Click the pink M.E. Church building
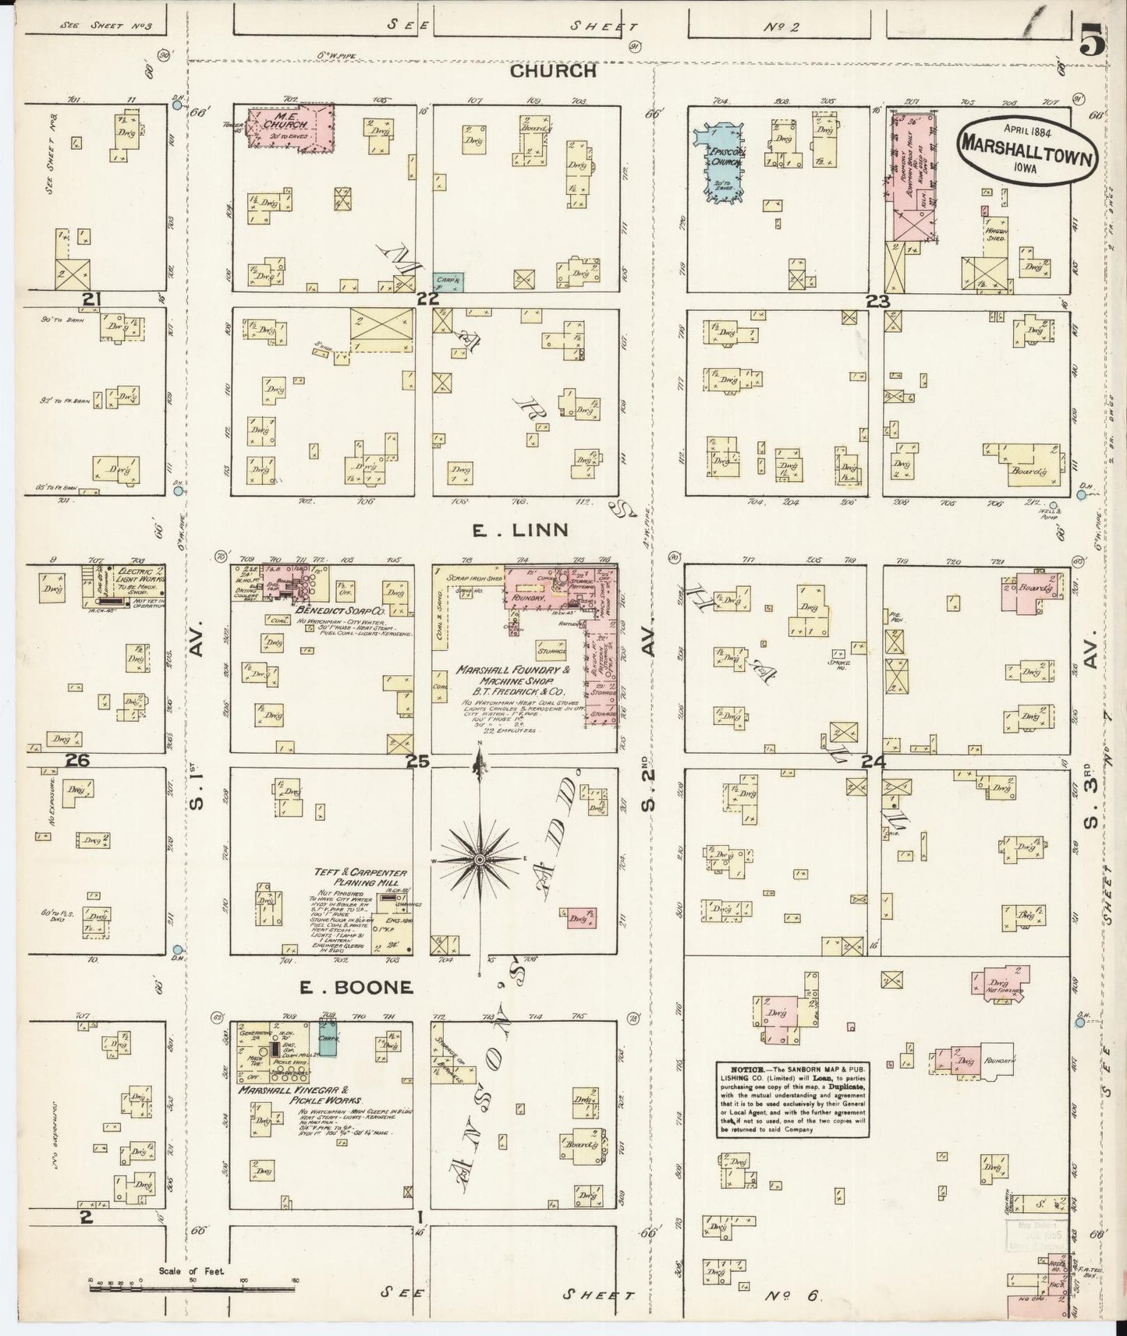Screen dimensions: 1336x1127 coord(290,125)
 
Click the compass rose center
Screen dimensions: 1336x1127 coord(480,858)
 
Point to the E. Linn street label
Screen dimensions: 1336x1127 coord(519,531)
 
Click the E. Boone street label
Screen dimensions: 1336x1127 coord(356,987)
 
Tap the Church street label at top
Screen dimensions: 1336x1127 coord(554,72)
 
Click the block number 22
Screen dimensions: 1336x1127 coord(427,299)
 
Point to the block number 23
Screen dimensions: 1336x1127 coord(878,300)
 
